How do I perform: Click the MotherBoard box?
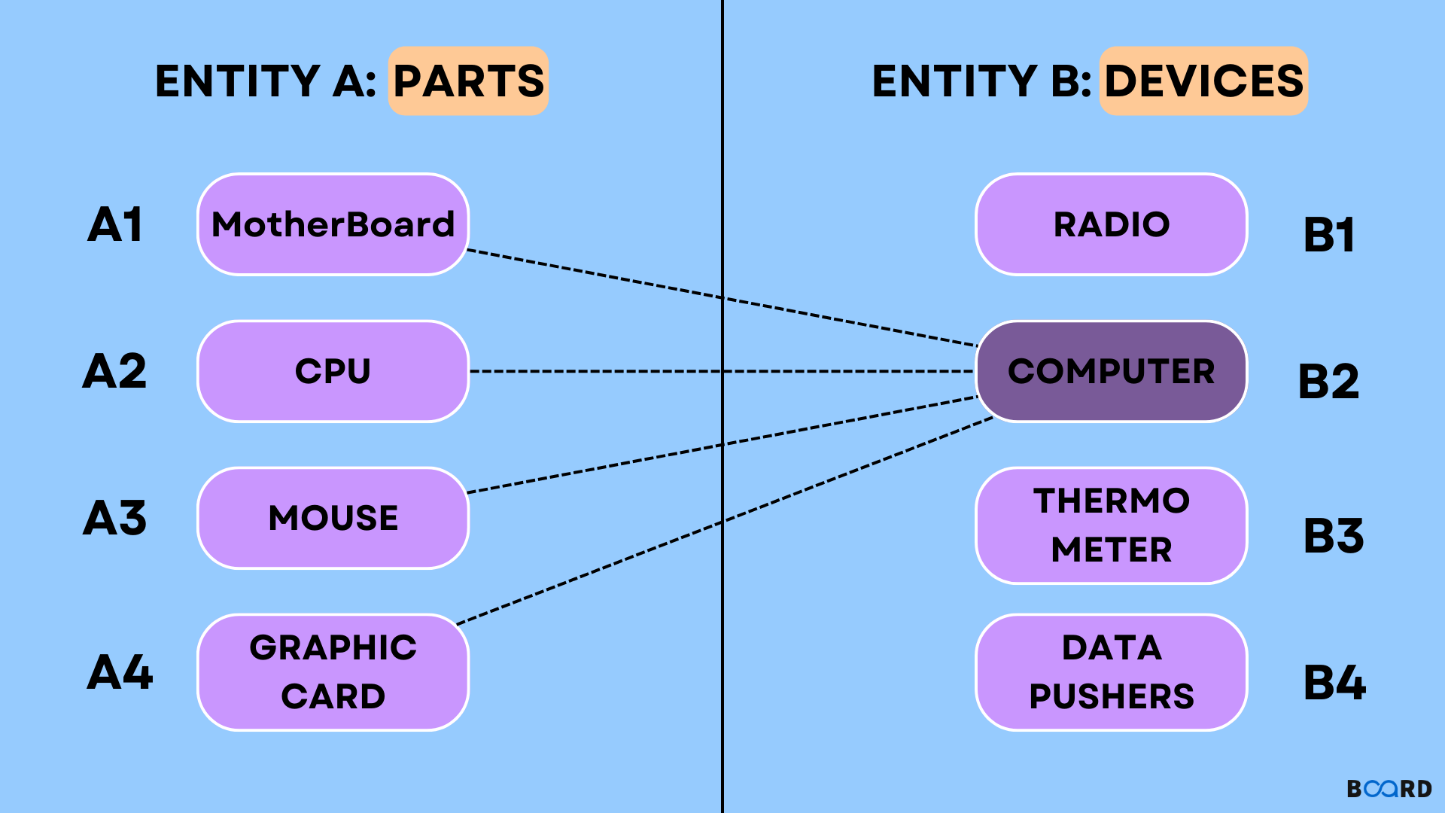tap(333, 224)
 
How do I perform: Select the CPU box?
tap(333, 371)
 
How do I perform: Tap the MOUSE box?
tap(333, 518)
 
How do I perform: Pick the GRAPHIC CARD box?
tap(333, 672)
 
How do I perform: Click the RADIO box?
tap(1111, 224)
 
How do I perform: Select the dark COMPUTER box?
tap(1111, 371)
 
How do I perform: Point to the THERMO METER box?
tap(1111, 525)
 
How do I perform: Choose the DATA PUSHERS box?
tap(1111, 672)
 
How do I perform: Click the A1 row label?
tap(115, 224)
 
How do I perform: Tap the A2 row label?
tap(114, 371)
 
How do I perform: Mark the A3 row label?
tap(114, 518)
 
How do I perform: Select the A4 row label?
tap(120, 672)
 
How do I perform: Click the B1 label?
tap(1329, 235)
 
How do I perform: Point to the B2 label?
tap(1329, 382)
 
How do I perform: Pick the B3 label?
tap(1334, 536)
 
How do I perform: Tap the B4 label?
tap(1334, 683)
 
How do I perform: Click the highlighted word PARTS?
tap(468, 81)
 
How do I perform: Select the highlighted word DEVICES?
tap(1203, 81)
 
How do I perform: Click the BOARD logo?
tap(1389, 788)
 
